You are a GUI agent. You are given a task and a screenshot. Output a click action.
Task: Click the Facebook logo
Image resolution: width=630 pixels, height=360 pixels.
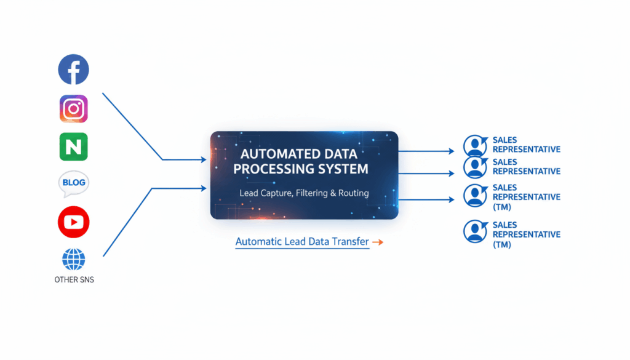point(74,70)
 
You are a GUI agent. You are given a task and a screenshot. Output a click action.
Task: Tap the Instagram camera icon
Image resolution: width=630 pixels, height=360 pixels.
point(74,109)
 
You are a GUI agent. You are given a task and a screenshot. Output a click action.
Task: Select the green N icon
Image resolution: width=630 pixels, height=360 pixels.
point(74,146)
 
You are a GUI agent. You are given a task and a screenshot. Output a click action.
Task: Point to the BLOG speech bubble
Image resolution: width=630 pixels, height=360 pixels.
point(74,183)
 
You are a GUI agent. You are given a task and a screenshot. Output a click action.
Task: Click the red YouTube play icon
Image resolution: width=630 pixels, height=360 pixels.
point(74,222)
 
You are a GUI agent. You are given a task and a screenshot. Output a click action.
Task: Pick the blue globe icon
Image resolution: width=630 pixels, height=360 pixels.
point(74,260)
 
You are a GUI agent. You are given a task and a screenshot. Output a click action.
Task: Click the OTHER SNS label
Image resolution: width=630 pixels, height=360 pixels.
point(74,280)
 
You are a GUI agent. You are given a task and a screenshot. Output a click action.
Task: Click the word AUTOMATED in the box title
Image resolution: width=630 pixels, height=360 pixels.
point(271,154)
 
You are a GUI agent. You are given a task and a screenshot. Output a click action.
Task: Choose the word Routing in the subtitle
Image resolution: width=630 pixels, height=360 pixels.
point(355,193)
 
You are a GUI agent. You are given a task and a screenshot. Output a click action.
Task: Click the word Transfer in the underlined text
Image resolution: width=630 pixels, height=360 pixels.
point(349,242)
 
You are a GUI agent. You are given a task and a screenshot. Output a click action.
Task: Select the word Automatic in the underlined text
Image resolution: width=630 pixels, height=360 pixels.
point(258,242)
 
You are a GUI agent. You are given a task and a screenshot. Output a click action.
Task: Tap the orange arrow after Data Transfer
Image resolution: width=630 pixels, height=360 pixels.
point(378,242)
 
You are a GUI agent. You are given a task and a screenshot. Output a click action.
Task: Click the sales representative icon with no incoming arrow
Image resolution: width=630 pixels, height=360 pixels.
point(475,232)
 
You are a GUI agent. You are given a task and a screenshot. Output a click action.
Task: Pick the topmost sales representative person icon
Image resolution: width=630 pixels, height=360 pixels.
point(474,146)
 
